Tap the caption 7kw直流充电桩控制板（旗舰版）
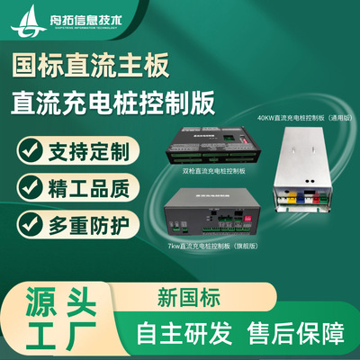click(216, 245)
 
